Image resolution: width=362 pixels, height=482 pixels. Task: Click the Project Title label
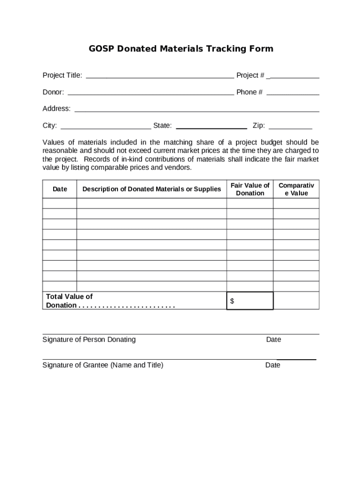point(63,75)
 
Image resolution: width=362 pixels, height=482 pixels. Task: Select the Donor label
point(53,92)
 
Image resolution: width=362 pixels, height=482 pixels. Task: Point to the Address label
point(56,109)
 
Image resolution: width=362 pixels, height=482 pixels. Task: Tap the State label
point(162,126)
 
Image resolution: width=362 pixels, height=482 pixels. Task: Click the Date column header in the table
point(60,189)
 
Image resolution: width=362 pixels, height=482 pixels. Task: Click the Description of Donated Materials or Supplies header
point(151,189)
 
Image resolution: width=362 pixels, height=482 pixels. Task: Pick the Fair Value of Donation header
point(250,189)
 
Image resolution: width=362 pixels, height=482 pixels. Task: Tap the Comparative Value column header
point(296,189)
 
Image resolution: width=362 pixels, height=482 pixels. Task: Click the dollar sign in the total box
point(232,301)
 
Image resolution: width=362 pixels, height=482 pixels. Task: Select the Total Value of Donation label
point(69,301)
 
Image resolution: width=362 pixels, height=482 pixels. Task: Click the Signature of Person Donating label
point(89,339)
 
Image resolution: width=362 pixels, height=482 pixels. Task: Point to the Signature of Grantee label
point(103,365)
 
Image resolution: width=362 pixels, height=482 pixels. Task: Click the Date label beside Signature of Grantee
point(273,365)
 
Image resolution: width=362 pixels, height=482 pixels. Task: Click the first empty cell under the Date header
point(60,203)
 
